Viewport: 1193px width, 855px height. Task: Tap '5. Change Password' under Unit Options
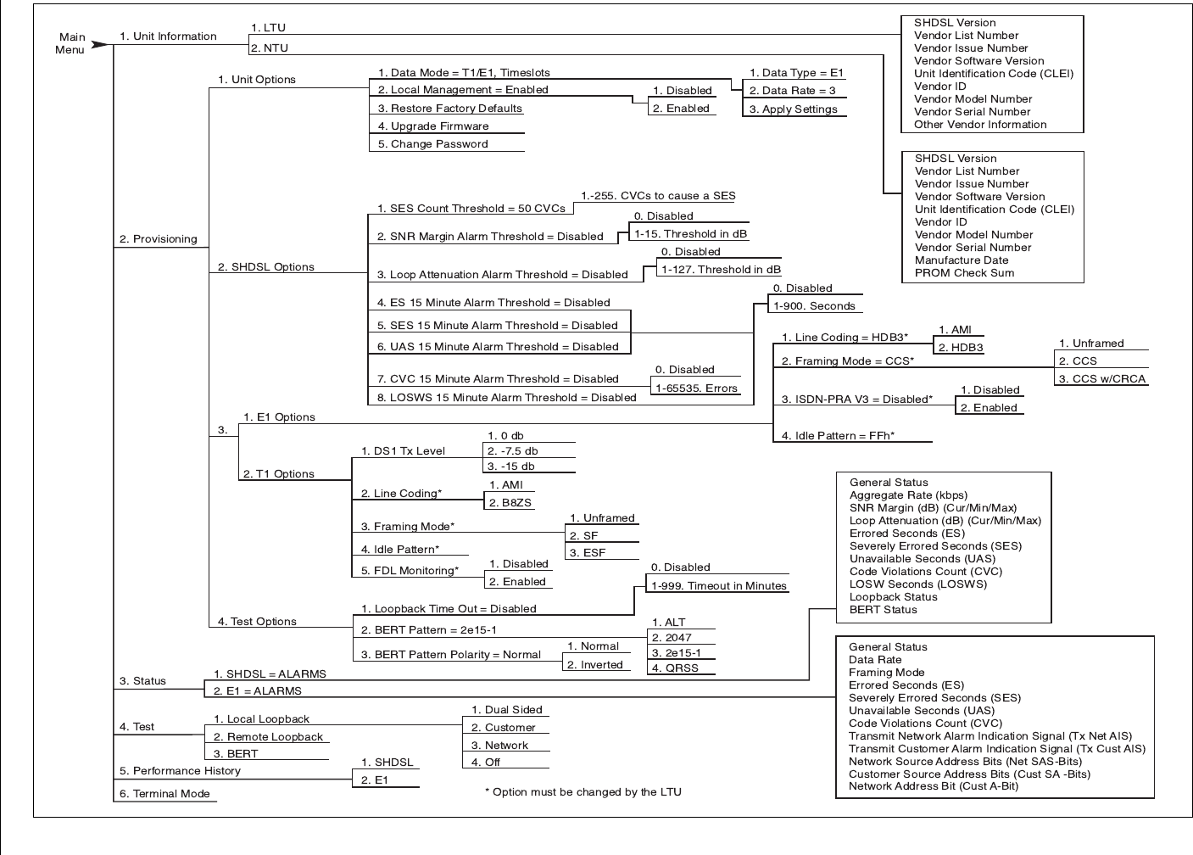coord(439,144)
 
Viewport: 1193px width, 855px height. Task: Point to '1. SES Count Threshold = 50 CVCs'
coord(471,209)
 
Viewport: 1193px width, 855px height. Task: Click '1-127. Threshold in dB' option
coord(721,270)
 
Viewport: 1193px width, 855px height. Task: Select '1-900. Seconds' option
coord(814,306)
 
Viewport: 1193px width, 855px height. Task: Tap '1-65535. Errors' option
coord(696,388)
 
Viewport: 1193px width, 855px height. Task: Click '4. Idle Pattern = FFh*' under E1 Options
coord(838,436)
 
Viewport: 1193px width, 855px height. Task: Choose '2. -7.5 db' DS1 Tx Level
coord(512,451)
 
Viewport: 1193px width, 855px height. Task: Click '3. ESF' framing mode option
coord(588,553)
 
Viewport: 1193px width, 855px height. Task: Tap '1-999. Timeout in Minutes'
coord(719,586)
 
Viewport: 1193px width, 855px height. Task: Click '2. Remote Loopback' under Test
coord(268,737)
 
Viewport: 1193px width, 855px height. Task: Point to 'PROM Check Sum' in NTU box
coord(964,273)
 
